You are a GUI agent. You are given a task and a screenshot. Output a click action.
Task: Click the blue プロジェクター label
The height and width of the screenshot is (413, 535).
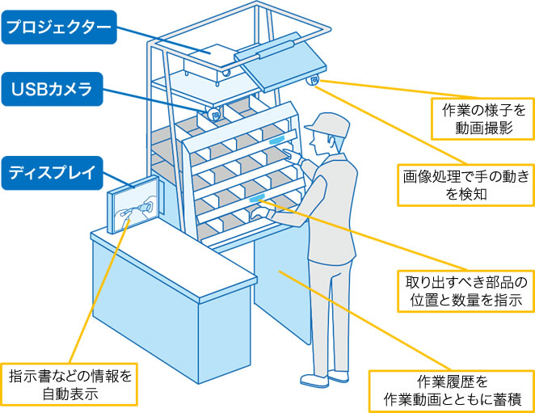[57, 27]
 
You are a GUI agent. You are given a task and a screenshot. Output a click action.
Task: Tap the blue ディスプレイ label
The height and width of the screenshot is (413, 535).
[52, 172]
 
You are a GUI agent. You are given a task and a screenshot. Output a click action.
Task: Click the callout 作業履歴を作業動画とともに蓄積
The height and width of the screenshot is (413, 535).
[449, 389]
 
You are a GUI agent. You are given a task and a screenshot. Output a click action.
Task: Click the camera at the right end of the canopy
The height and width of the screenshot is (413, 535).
[314, 80]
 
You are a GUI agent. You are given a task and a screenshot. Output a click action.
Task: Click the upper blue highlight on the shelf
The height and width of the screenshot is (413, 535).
[280, 138]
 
